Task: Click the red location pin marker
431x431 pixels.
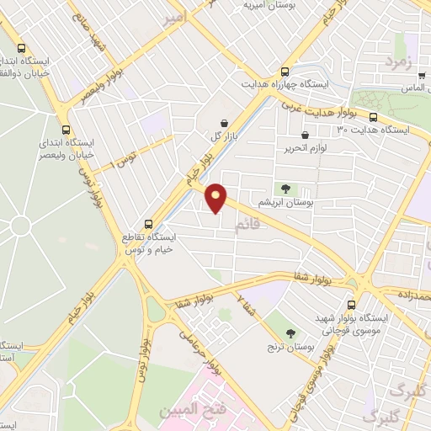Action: [x=216, y=197]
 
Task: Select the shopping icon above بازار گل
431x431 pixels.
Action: [x=223, y=123]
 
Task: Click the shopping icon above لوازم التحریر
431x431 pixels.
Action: [x=305, y=135]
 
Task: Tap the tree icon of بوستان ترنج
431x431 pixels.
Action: [x=290, y=333]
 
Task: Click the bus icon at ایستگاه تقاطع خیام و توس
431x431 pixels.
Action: [x=149, y=224]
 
